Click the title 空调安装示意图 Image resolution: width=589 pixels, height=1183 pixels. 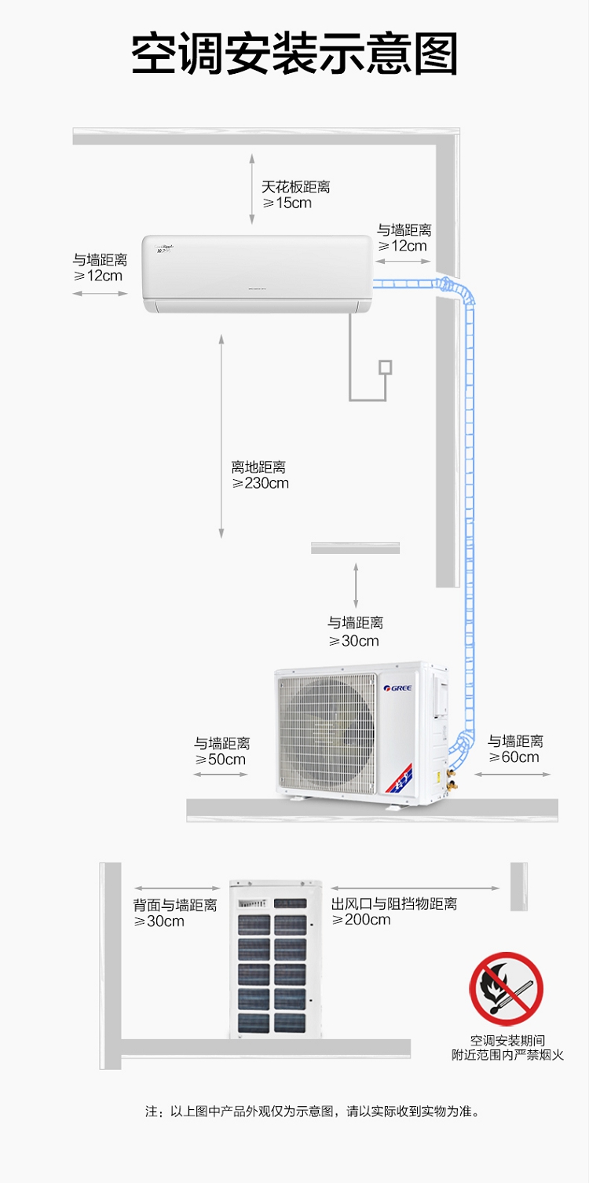pyautogui.click(x=294, y=54)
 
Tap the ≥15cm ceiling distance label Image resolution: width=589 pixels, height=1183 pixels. pyautogui.click(x=287, y=203)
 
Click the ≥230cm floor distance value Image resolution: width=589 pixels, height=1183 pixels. pyautogui.click(x=260, y=483)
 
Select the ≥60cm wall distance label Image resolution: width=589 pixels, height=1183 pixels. pyautogui.click(x=514, y=756)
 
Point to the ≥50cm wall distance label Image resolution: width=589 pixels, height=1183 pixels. pyautogui.click(x=220, y=760)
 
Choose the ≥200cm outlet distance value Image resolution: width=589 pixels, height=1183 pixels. pyautogui.click(x=361, y=920)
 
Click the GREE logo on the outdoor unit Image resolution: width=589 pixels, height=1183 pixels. pyautogui.click(x=397, y=688)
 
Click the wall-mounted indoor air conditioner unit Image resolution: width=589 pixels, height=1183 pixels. pyautogui.click(x=257, y=274)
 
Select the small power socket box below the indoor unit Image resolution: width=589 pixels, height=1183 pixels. pyautogui.click(x=386, y=367)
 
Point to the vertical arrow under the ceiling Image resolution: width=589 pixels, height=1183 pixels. pyautogui.click(x=252, y=189)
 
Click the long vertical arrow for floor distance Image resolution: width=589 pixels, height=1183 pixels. pyautogui.click(x=221, y=436)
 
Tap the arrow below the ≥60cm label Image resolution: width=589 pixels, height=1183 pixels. pyautogui.click(x=513, y=775)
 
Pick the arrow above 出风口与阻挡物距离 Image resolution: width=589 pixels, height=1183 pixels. pyautogui.click(x=415, y=888)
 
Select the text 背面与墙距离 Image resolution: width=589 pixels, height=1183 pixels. pyautogui.click(x=175, y=905)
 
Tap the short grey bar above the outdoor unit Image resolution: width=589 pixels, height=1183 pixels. pyautogui.click(x=355, y=548)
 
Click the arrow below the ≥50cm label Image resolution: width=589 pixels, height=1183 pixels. pyautogui.click(x=221, y=775)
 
